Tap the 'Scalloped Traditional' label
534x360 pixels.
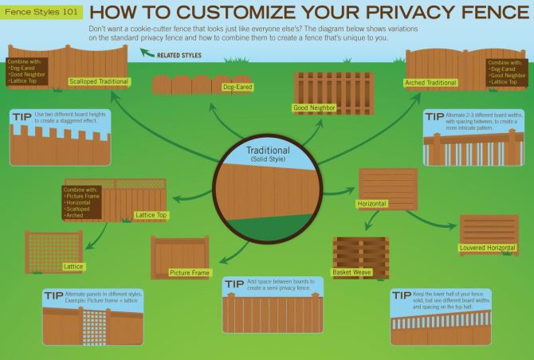click(x=100, y=81)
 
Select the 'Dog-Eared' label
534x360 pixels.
click(x=238, y=86)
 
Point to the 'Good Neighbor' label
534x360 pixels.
click(x=314, y=107)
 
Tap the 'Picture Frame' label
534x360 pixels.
click(x=190, y=273)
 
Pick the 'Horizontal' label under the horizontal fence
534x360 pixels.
click(x=371, y=205)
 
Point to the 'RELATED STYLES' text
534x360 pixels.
click(x=179, y=56)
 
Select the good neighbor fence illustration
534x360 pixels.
click(x=323, y=88)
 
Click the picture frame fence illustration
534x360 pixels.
click(x=179, y=253)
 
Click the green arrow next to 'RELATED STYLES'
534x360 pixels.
click(x=147, y=55)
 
